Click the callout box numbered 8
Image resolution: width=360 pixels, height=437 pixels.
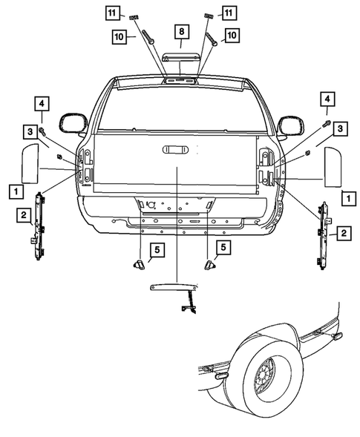coord(180,31)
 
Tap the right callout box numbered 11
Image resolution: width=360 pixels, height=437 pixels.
coord(228,13)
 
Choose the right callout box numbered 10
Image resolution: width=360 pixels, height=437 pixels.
coord(232,34)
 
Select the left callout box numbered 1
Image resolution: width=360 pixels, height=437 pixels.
coord(15,191)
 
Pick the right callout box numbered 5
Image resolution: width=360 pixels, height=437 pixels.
coord(223,246)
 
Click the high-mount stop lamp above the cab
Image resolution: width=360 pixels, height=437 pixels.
coord(180,59)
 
